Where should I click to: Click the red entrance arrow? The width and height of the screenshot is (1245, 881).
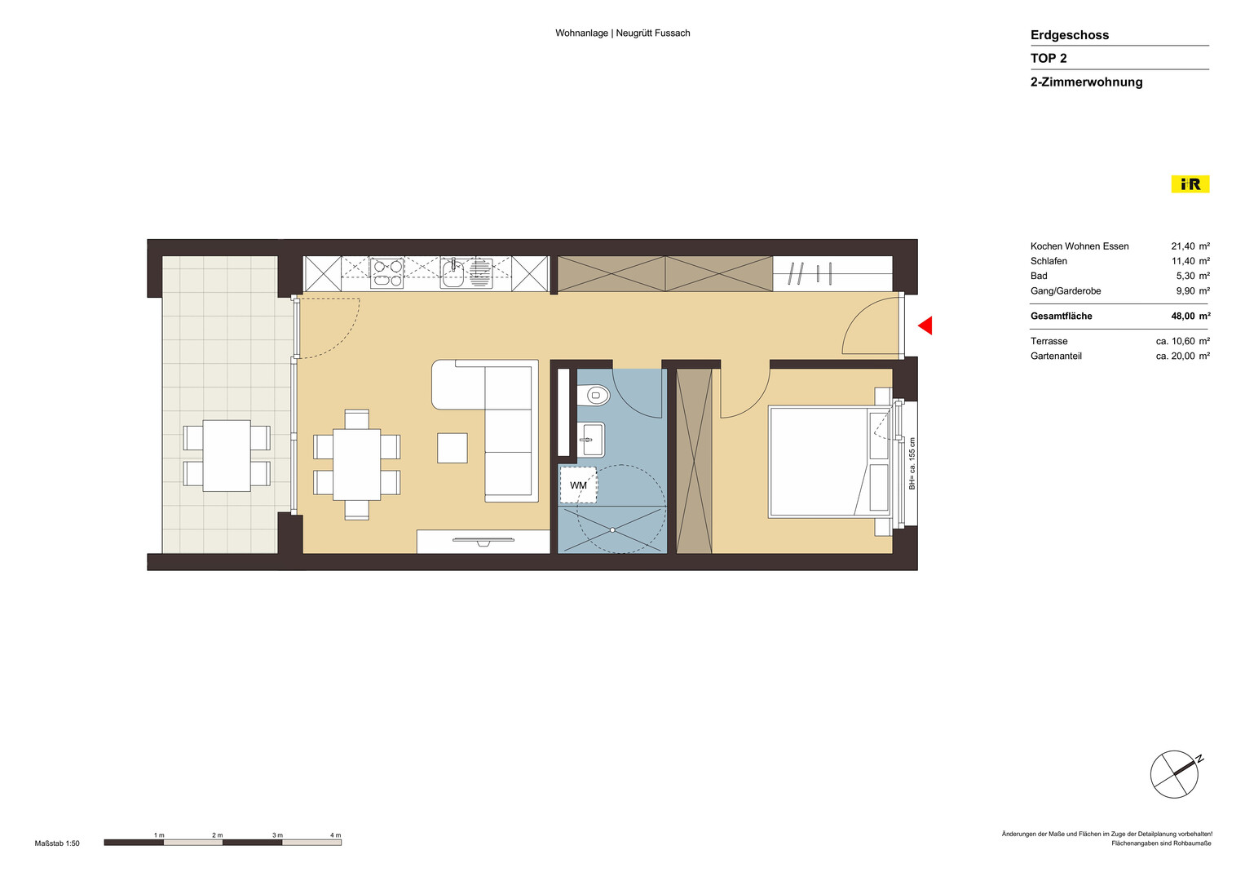point(926,325)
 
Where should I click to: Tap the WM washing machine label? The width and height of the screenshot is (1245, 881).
point(578,485)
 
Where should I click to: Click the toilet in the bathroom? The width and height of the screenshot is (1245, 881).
point(593,396)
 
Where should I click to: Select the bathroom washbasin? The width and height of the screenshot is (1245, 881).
point(590,440)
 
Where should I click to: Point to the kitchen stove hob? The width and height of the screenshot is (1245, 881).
point(386,273)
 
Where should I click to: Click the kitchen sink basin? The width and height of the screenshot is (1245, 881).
point(453,273)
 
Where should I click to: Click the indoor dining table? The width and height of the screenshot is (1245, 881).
point(357,464)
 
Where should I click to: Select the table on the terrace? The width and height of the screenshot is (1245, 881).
point(227,455)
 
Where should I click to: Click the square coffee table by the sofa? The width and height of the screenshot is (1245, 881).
point(452,449)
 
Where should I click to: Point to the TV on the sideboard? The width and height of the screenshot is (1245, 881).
point(483,540)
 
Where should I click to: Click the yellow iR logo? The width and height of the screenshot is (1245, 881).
point(1190,184)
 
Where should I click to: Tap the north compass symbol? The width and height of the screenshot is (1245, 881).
point(1175,773)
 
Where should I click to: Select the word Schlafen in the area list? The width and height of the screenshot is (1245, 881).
point(1049,261)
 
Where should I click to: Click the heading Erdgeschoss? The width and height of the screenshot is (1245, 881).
point(1070,35)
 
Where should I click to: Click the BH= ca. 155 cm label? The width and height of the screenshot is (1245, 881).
point(912,463)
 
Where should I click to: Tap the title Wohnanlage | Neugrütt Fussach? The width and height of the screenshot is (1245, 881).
point(623,33)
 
